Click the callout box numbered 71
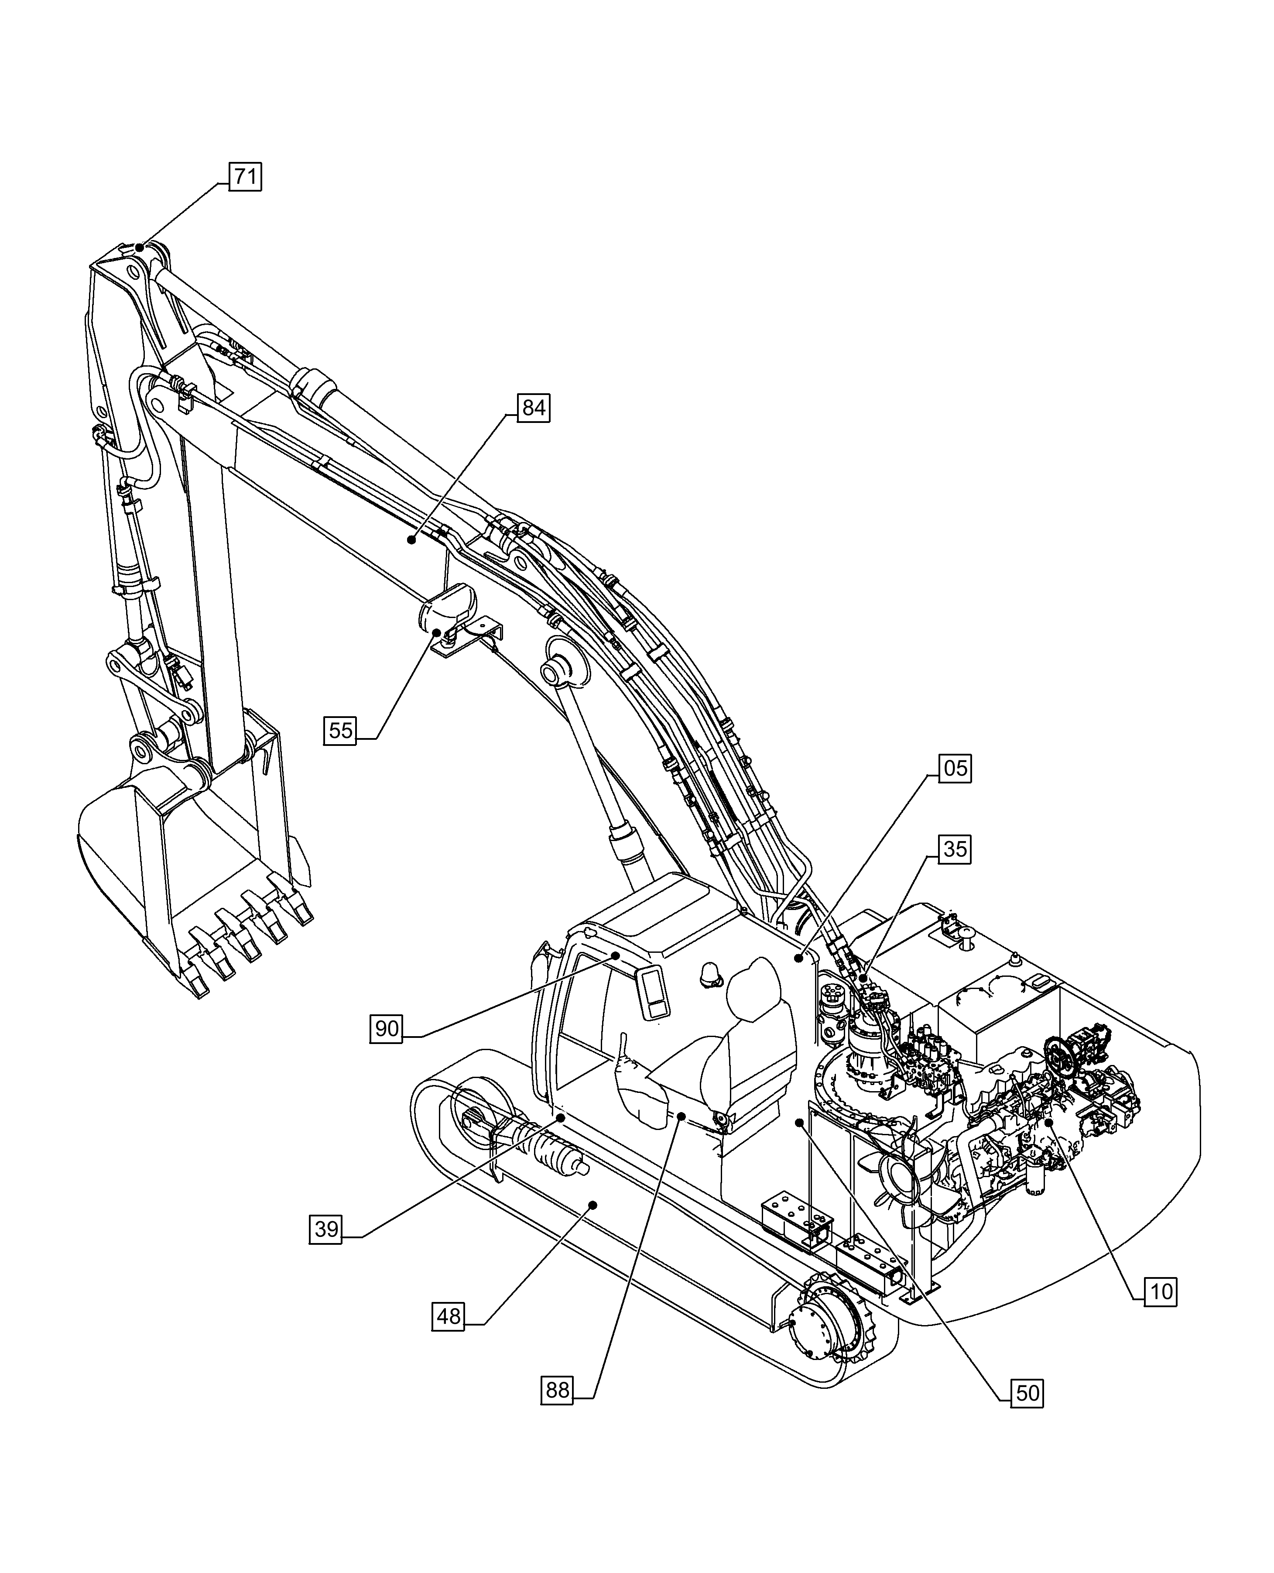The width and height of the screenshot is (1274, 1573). point(245,177)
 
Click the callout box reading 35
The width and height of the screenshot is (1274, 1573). point(955,849)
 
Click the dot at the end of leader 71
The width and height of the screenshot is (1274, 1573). point(140,247)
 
